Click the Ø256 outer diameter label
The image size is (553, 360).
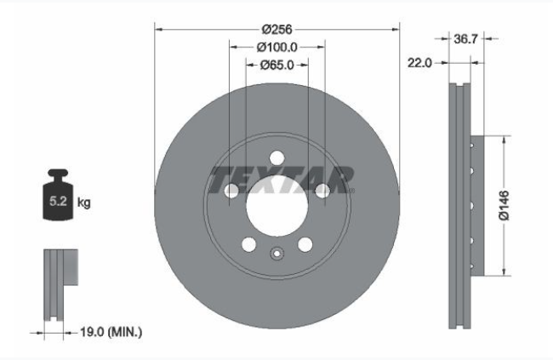(x=276, y=29)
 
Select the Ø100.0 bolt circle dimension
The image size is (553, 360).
(x=276, y=47)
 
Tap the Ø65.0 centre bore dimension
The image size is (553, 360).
(x=276, y=65)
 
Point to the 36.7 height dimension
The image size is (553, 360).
(x=465, y=39)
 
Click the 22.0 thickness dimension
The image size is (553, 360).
(x=419, y=63)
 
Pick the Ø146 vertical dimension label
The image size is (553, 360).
(x=505, y=205)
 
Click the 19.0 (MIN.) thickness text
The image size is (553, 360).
(x=111, y=332)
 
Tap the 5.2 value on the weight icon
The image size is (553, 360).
(x=58, y=201)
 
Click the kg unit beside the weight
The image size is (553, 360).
(x=84, y=203)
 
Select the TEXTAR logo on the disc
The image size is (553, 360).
(x=281, y=180)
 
